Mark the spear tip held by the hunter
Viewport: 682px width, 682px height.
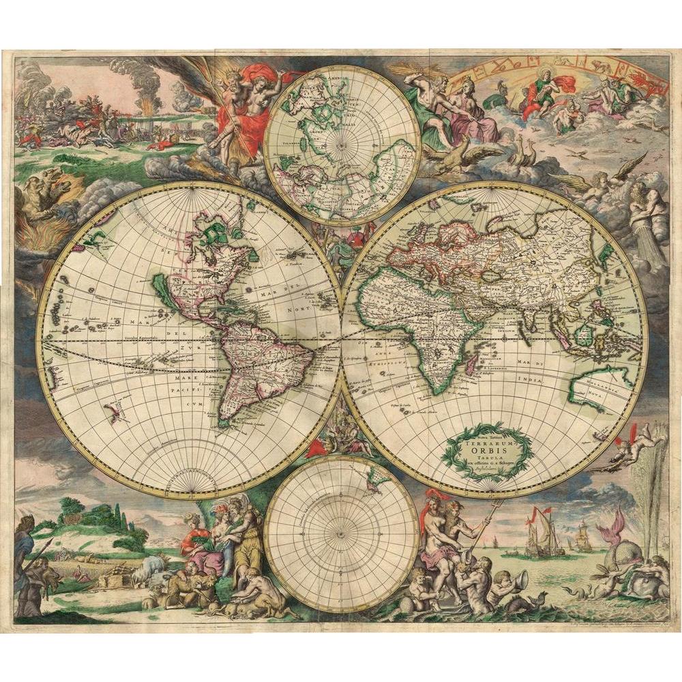pos(50,542)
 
